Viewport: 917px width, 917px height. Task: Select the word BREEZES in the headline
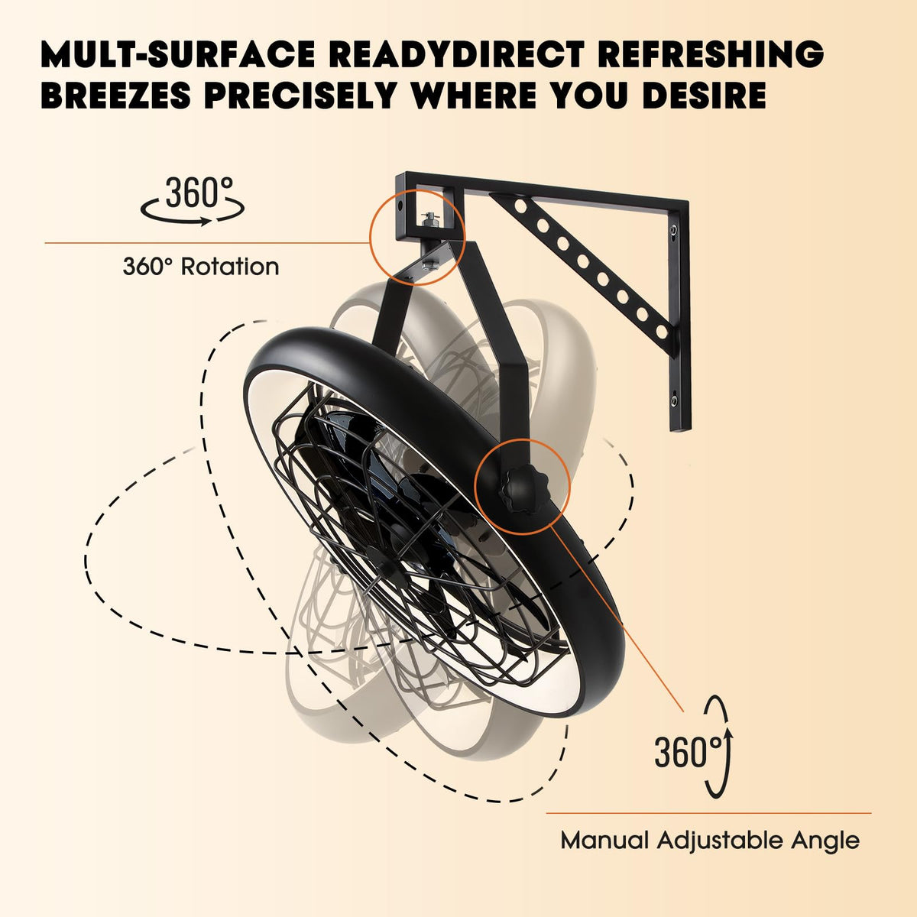pyautogui.click(x=115, y=96)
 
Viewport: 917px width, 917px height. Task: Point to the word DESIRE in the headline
pyautogui.click(x=704, y=96)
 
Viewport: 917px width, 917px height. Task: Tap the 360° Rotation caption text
pyautogui.click(x=201, y=267)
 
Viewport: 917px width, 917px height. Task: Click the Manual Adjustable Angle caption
pyautogui.click(x=710, y=841)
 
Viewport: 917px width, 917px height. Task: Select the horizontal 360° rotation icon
pyautogui.click(x=193, y=201)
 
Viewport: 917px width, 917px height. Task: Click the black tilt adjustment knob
pyautogui.click(x=521, y=491)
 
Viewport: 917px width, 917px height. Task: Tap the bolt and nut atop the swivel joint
pyautogui.click(x=430, y=220)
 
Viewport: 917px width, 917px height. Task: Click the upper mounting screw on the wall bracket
pyautogui.click(x=673, y=231)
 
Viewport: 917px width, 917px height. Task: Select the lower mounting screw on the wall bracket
pyautogui.click(x=673, y=399)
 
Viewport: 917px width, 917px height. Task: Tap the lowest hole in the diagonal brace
pyautogui.click(x=662, y=331)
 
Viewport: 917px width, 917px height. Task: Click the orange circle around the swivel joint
pyautogui.click(x=417, y=237)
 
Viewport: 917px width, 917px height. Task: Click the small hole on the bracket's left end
pyautogui.click(x=400, y=206)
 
